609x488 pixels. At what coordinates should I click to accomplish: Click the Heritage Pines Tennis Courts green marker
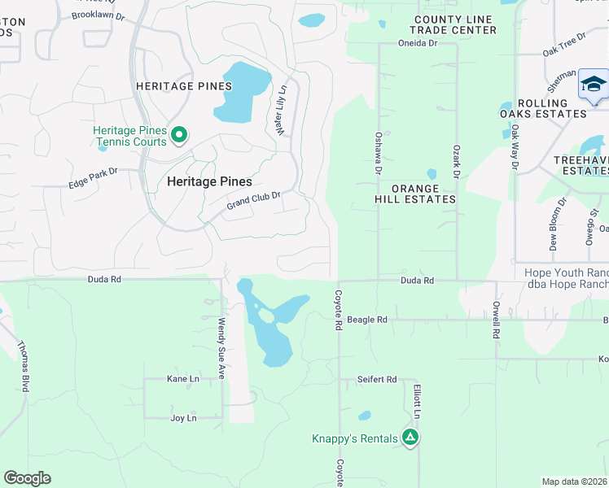coord(180,135)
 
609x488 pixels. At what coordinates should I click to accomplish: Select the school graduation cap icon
coord(594,85)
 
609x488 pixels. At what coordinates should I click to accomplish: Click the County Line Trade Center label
coord(455,24)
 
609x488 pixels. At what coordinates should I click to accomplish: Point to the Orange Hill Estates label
coord(415,194)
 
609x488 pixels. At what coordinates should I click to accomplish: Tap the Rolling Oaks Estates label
coord(542,108)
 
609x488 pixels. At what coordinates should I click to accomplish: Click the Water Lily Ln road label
coord(283,110)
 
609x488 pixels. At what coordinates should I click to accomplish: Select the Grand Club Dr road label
coord(253,200)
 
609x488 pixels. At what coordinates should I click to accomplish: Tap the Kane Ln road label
coord(182,379)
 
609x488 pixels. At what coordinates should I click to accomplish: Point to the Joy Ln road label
coord(183,418)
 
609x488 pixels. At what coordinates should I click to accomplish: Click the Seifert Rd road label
coord(377,380)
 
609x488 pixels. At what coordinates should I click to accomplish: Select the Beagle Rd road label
coord(367,320)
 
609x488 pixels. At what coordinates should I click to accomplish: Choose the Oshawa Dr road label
coord(378,154)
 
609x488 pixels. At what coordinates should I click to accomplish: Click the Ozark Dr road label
coord(457,163)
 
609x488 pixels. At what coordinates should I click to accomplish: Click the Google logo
coord(27,478)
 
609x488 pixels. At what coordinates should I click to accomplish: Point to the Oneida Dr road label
coord(418,43)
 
